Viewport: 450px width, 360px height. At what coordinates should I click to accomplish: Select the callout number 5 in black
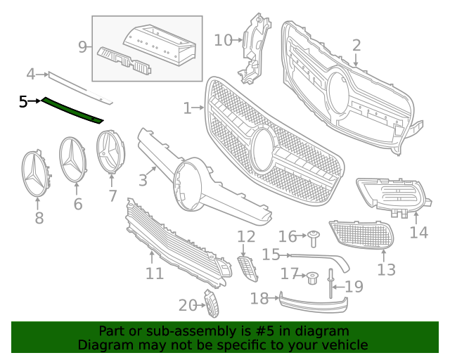click(23, 102)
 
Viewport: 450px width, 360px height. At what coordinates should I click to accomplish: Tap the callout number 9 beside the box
click(83, 48)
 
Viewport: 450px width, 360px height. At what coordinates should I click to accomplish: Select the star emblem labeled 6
click(76, 160)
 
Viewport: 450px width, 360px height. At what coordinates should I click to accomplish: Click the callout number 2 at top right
click(356, 46)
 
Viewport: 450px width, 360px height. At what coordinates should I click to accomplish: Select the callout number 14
click(418, 232)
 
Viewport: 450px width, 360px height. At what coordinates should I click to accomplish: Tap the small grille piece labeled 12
click(246, 268)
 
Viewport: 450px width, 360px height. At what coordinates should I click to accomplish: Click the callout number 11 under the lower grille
click(154, 273)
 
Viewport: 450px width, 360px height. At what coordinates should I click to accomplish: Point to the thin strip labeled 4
click(77, 84)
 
